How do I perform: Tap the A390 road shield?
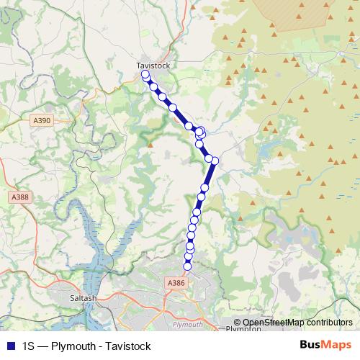pos(42,121)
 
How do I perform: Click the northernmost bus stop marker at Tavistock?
pos(145,75)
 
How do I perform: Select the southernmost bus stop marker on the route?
pos(188,266)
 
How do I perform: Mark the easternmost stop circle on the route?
pos(215,161)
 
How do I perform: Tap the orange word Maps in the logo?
pos(337,345)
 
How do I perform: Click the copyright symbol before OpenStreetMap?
pos(238,322)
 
